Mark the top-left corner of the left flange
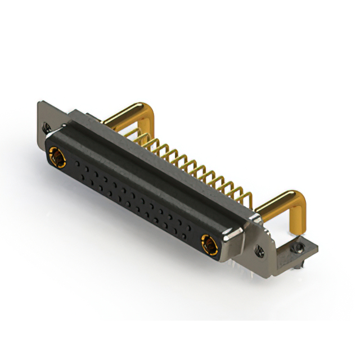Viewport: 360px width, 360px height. pos(39,103)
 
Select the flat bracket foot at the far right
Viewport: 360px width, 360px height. pos(301,247)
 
